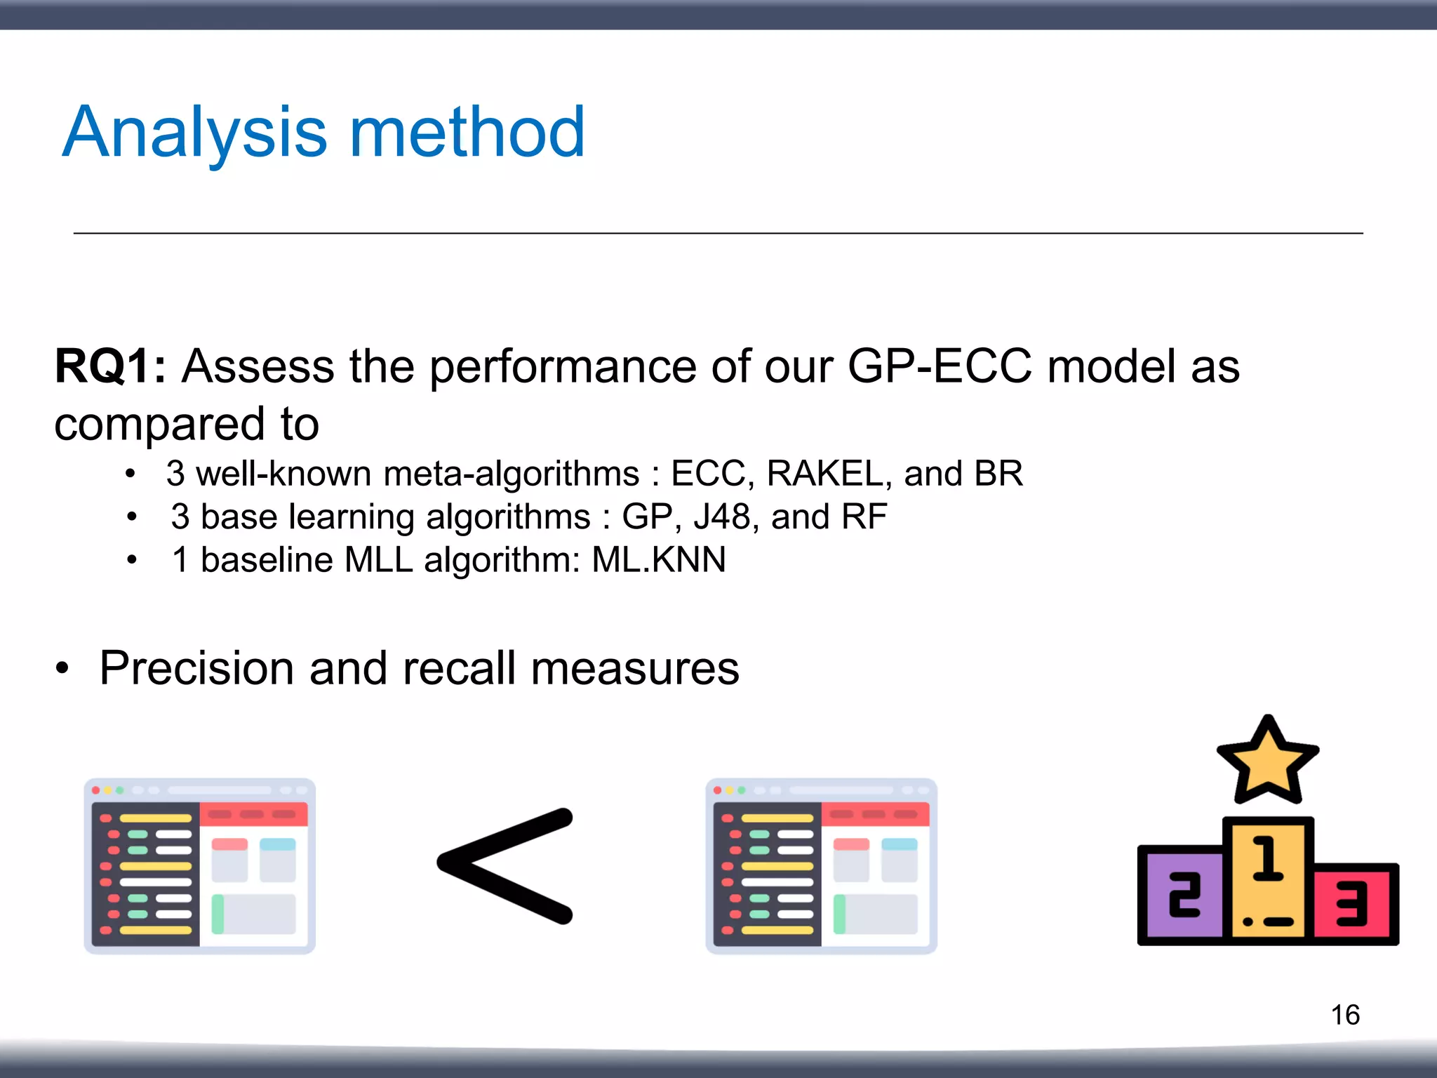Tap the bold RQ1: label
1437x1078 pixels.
coord(110,366)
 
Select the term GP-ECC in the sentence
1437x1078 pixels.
coord(940,366)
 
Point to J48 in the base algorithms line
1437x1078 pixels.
coord(722,517)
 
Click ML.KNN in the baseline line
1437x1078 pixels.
coord(658,560)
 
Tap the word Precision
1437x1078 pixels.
coord(196,667)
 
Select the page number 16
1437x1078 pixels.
coord(1344,1015)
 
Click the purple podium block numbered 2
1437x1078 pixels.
coord(1183,896)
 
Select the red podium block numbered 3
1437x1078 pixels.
coord(1354,904)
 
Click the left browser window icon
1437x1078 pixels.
coord(200,866)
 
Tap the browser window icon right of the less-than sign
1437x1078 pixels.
coord(821,866)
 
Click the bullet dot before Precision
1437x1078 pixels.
coord(63,669)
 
